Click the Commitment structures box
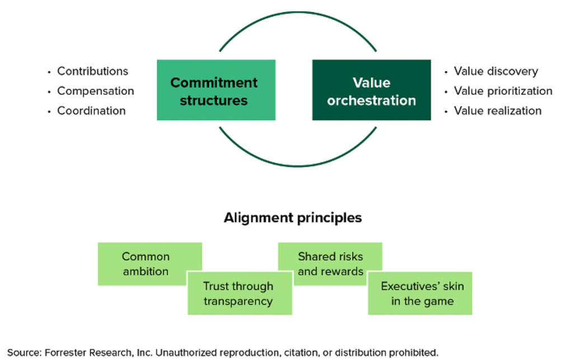point(216,90)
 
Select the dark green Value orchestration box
point(371,90)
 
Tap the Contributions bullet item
point(92,71)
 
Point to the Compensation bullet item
point(95,91)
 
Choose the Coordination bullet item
point(91,110)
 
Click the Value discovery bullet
point(495,71)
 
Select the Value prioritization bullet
point(502,91)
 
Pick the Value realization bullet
point(497,110)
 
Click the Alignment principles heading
point(293,217)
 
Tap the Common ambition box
point(145,264)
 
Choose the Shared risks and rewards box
point(330,264)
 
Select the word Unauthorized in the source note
point(185,353)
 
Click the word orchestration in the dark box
point(371,101)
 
